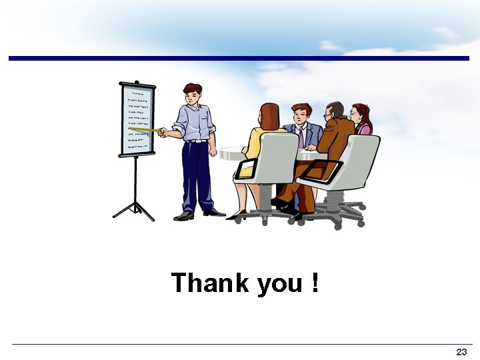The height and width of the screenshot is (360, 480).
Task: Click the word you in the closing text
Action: tap(279, 285)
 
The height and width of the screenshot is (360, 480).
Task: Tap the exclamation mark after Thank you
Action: tap(314, 283)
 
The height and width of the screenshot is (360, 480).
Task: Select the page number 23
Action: tap(461, 351)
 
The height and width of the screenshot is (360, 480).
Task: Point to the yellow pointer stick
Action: tap(148, 130)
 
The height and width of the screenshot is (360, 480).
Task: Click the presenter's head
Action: tap(193, 94)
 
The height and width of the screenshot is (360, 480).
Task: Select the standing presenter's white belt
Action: tap(196, 141)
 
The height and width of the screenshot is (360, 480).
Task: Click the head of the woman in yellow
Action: tap(270, 116)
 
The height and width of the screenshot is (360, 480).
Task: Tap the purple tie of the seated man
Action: tap(301, 137)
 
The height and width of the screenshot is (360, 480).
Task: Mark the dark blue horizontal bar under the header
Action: tap(240, 59)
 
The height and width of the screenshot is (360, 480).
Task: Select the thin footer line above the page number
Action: tap(240, 344)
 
